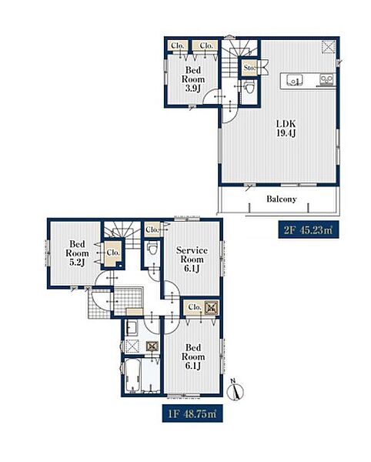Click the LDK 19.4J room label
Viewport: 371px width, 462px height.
pyautogui.click(x=286, y=128)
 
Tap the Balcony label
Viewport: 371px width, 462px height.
pyautogui.click(x=281, y=199)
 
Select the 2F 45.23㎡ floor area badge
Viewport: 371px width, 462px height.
pyautogui.click(x=309, y=229)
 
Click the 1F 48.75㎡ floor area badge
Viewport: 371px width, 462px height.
pyautogui.click(x=192, y=413)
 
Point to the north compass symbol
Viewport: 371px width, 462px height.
pyautogui.click(x=236, y=390)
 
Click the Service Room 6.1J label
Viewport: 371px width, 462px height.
pyautogui.click(x=192, y=259)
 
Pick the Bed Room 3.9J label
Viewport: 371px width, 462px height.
pyautogui.click(x=193, y=79)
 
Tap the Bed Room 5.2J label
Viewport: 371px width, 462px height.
pyautogui.click(x=77, y=253)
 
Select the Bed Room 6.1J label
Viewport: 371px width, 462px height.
pyautogui.click(x=193, y=357)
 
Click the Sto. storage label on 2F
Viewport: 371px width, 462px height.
pyautogui.click(x=249, y=68)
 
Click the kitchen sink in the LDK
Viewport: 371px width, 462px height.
pyautogui.click(x=294, y=80)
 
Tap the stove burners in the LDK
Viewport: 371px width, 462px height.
pyautogui.click(x=326, y=79)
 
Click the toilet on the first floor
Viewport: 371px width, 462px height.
pyautogui.click(x=152, y=247)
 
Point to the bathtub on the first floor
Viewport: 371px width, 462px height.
pyautogui.click(x=132, y=376)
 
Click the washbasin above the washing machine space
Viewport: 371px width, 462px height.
pyautogui.click(x=132, y=328)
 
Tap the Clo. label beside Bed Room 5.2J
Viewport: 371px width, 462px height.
pyautogui.click(x=113, y=253)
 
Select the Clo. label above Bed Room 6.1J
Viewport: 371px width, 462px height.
pyautogui.click(x=194, y=307)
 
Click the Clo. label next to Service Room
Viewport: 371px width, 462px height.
pyautogui.click(x=152, y=229)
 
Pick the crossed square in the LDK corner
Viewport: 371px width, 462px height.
pyautogui.click(x=327, y=47)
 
